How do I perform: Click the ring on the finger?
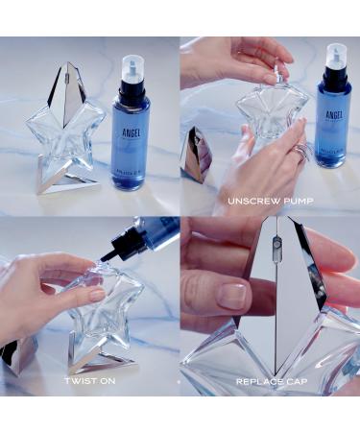[302, 151]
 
